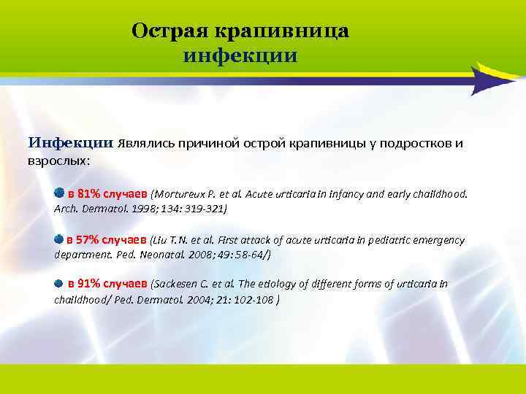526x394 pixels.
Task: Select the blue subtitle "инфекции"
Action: point(240,55)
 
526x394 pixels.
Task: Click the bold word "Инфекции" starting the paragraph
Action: point(71,142)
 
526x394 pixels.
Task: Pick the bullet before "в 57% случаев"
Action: point(60,239)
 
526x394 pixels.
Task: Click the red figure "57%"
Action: point(88,240)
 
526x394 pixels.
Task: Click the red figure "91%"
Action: point(89,284)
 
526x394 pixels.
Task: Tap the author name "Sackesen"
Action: point(178,284)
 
